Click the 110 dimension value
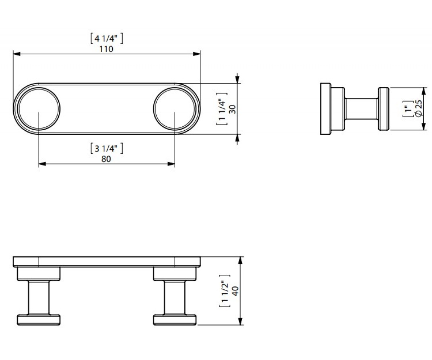pyautogui.click(x=106, y=49)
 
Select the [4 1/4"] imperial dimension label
pyautogui.click(x=107, y=39)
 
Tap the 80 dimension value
pyautogui.click(x=106, y=159)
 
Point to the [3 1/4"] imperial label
pyautogui.click(x=107, y=149)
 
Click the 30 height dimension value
pyautogui.click(x=233, y=109)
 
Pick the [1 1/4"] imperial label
pyautogui.click(x=222, y=109)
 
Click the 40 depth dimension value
pyautogui.click(x=236, y=291)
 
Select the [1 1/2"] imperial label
pyautogui.click(x=225, y=291)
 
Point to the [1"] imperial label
pyautogui.click(x=408, y=109)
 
